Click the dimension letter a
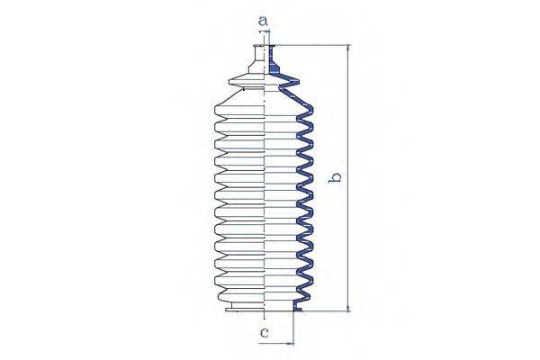point(263,21)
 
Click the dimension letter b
point(335,178)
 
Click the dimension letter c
point(264,333)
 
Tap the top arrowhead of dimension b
point(349,49)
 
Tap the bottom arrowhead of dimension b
point(349,308)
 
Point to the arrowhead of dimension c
point(291,343)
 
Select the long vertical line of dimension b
point(349,178)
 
